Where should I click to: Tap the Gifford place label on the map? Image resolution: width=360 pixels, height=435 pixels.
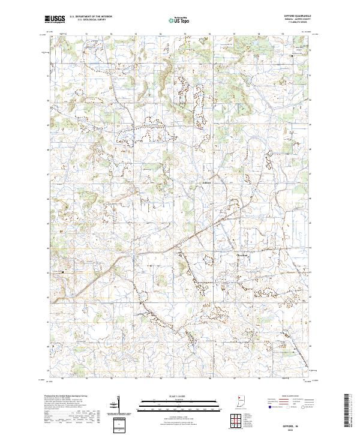coord(207,182)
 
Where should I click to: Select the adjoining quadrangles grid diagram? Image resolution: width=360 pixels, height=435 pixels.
coord(235,422)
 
